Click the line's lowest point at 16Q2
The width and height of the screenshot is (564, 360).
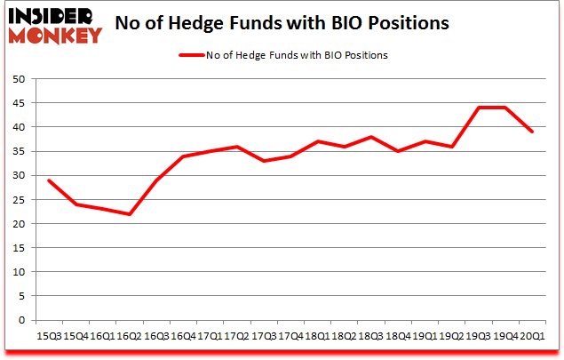click(130, 214)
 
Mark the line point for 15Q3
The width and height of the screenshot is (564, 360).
click(49, 180)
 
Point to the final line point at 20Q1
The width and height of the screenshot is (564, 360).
click(532, 132)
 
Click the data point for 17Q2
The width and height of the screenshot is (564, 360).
click(236, 147)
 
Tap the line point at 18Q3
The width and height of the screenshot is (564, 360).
click(370, 137)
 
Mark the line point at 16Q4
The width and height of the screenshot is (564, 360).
click(183, 156)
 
